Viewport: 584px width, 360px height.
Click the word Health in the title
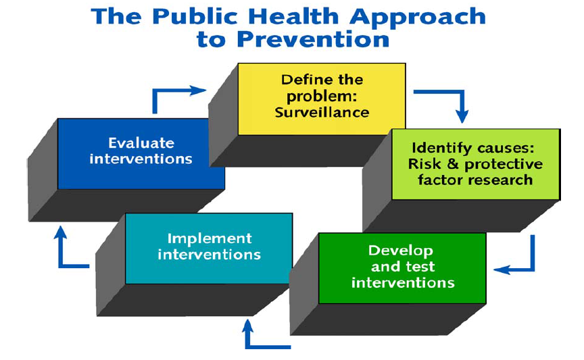[x=293, y=17]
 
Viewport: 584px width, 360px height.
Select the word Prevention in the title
[x=313, y=39]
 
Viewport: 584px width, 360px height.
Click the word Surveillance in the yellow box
[x=322, y=112]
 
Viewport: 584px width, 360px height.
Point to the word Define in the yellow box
[x=302, y=80]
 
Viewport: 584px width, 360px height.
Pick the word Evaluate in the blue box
[x=141, y=143]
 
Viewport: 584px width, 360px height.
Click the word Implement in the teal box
[x=210, y=239]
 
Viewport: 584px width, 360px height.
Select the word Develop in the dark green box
[x=401, y=251]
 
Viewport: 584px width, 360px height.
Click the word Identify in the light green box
[x=442, y=149]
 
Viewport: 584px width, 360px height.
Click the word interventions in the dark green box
[x=403, y=283]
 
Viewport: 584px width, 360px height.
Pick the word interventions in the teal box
[x=210, y=255]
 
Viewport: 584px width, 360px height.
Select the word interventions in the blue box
[x=141, y=159]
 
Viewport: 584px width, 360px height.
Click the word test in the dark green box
[x=421, y=267]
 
